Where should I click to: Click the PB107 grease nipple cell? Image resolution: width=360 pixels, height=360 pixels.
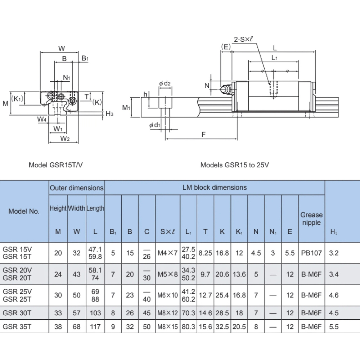tap(311, 253)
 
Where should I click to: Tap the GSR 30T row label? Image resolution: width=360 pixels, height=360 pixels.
tap(17, 313)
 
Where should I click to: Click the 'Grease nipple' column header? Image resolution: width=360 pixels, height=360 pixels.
tap(311, 219)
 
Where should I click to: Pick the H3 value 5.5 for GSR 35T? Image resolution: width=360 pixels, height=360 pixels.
tap(334, 327)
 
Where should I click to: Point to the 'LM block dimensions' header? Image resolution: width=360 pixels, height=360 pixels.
tap(215, 187)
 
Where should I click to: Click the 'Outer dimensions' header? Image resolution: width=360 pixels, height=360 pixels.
tap(77, 188)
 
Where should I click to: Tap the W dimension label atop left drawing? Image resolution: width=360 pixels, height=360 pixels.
tap(61, 48)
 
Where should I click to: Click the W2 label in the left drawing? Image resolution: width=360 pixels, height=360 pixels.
tap(65, 139)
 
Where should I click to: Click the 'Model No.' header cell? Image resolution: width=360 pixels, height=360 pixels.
tap(24, 211)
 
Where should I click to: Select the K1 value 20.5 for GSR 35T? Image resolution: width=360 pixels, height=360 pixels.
tap(239, 327)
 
